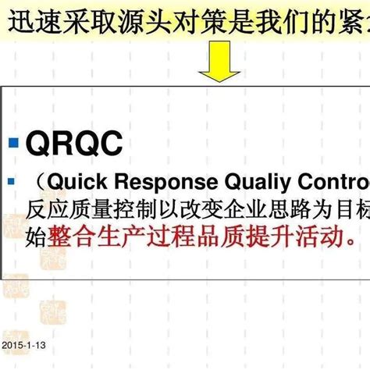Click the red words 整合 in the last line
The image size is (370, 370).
point(68,236)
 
